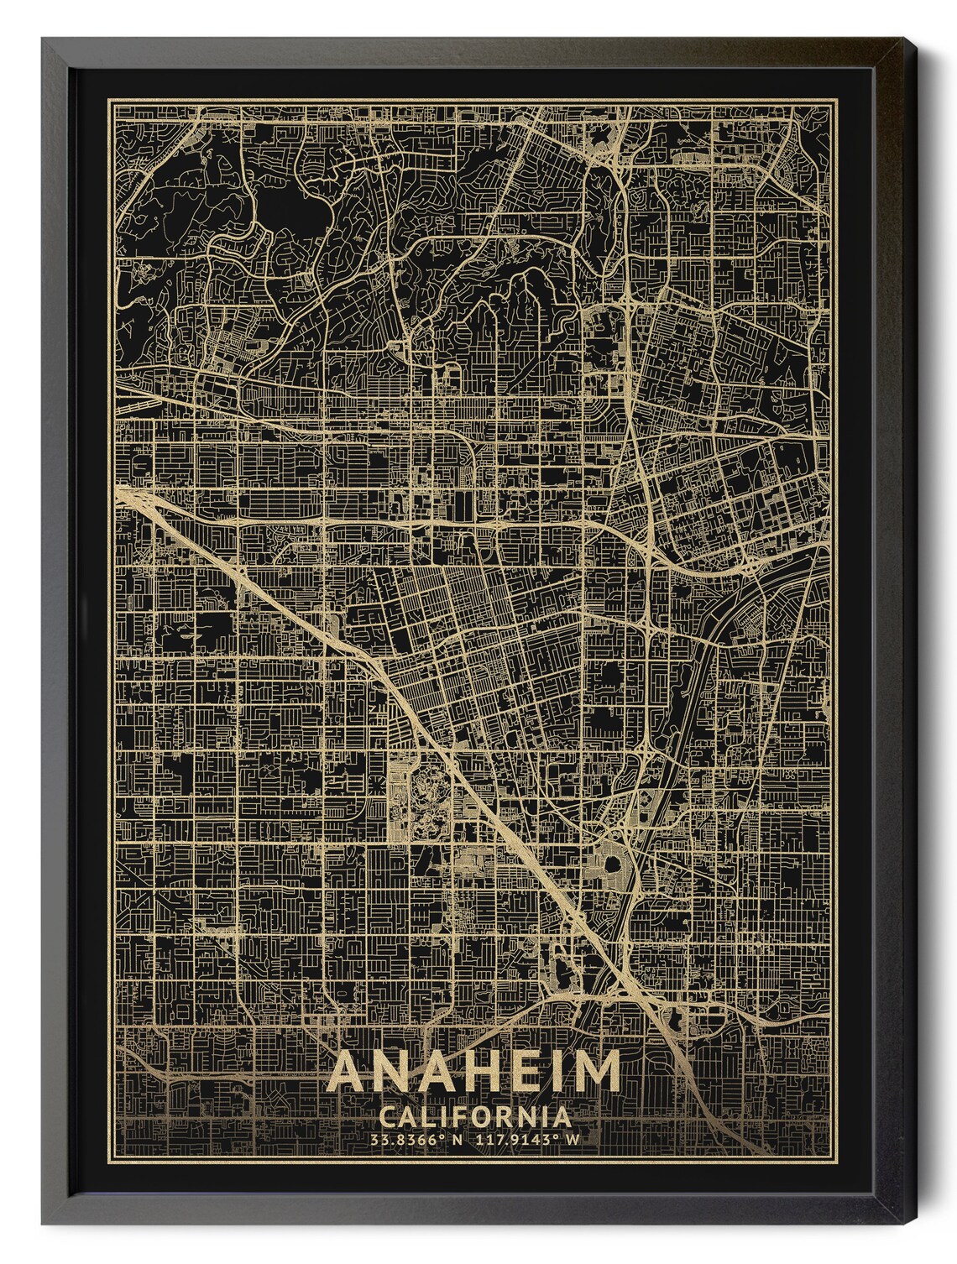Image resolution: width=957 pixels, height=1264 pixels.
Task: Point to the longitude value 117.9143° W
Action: [529, 1139]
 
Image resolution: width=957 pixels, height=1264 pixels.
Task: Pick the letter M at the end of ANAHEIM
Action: [597, 1070]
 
